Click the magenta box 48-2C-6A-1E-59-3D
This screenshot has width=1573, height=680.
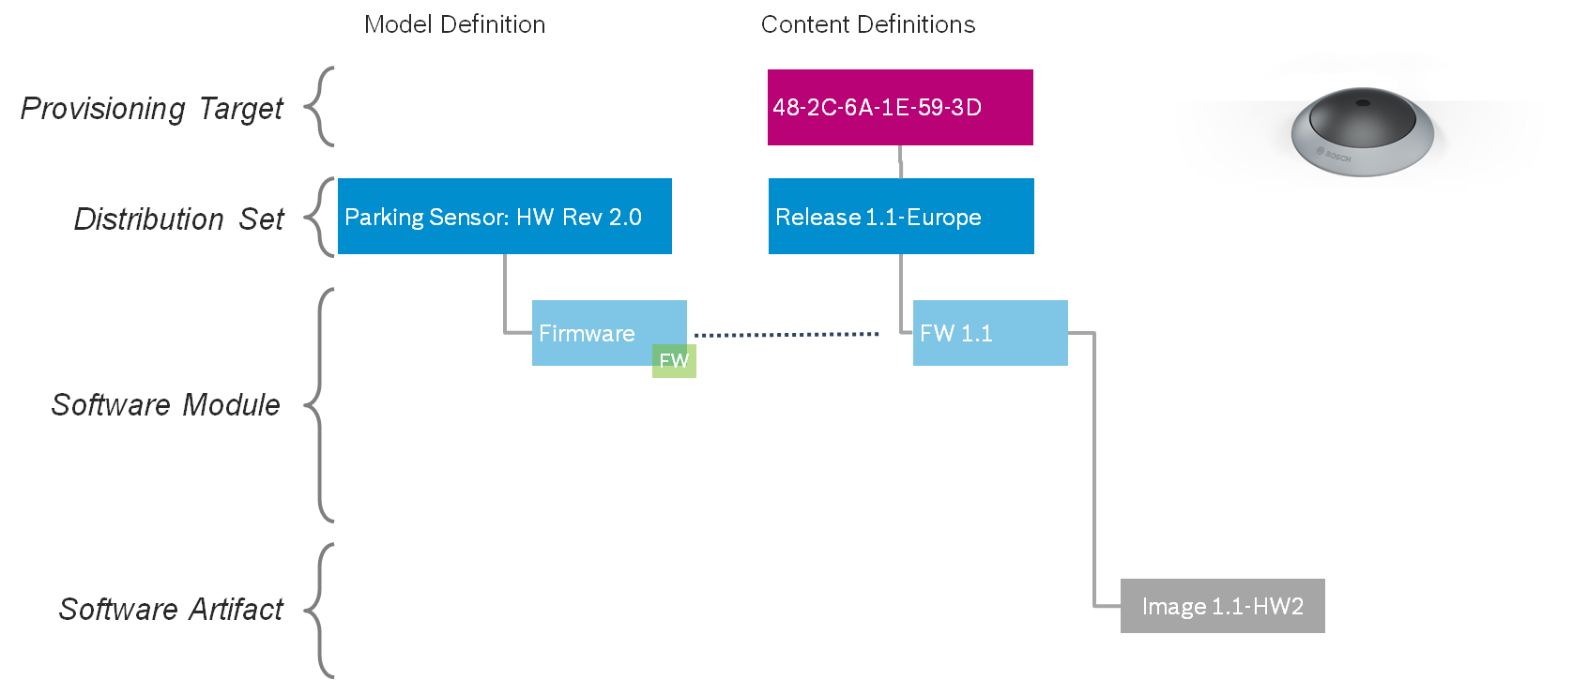[900, 107]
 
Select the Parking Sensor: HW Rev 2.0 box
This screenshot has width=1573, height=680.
[504, 217]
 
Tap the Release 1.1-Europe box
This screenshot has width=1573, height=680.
[901, 217]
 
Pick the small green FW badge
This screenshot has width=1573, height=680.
[674, 361]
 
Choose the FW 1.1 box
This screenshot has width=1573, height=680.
[990, 333]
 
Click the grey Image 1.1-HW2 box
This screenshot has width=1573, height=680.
[1222, 607]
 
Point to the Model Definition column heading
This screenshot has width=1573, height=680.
[454, 24]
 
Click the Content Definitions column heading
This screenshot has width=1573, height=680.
[867, 24]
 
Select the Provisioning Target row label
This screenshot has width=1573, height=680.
[151, 109]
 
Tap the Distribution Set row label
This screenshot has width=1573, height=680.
[178, 219]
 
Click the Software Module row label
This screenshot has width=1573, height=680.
[165, 405]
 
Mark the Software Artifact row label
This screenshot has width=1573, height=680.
[170, 610]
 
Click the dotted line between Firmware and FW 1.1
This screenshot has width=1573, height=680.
[786, 334]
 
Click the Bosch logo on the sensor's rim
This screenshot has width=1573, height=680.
[1334, 156]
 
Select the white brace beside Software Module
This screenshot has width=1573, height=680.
[325, 405]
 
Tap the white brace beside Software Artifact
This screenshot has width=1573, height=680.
[325, 610]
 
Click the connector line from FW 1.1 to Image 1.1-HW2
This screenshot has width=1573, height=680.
[1094, 469]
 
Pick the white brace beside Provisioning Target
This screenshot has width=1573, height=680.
[325, 107]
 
